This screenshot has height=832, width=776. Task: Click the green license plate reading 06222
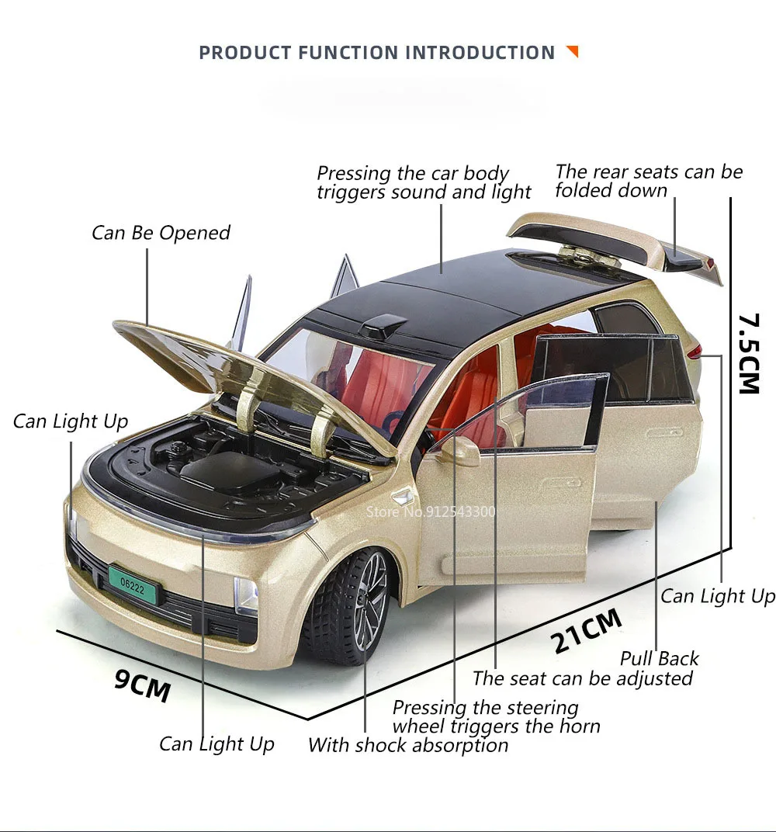[x=133, y=586]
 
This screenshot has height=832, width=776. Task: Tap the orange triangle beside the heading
[x=573, y=51]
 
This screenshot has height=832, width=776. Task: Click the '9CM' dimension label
[x=142, y=685]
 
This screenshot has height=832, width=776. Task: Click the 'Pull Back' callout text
[x=660, y=658]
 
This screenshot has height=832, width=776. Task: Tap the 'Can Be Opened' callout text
[x=161, y=232]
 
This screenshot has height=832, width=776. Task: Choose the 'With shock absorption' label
[x=408, y=745]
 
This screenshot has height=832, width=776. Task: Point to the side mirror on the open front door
[x=460, y=450]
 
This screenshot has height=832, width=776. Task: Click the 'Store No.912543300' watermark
[x=431, y=511]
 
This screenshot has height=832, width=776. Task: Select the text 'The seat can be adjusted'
[x=583, y=678]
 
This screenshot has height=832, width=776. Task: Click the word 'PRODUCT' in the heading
[x=245, y=53]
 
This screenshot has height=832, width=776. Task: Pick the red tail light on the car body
[x=695, y=351]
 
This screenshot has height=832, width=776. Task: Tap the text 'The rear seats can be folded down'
[x=649, y=181]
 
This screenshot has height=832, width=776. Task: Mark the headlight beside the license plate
[x=247, y=595]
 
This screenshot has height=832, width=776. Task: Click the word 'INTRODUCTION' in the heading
[x=480, y=53]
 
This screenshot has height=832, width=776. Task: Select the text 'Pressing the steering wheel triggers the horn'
[x=497, y=716]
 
